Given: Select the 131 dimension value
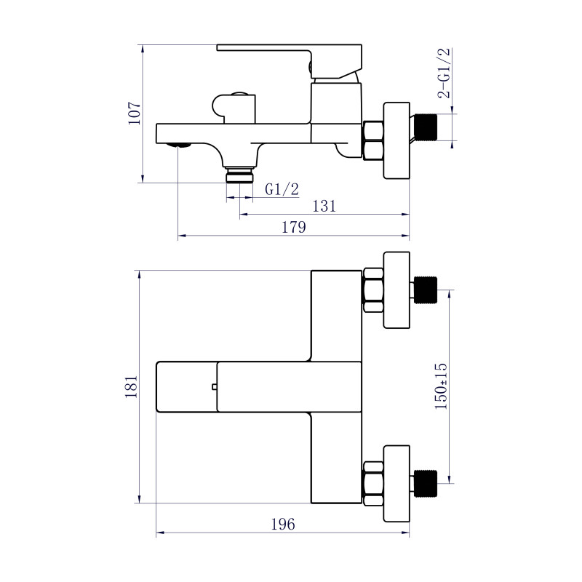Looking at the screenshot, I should coord(324,206).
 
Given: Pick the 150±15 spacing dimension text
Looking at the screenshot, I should coord(441,387).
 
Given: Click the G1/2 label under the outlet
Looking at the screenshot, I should coord(282,190).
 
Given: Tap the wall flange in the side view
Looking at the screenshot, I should coord(396,140).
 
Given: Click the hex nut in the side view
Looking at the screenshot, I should coord(373,140).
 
